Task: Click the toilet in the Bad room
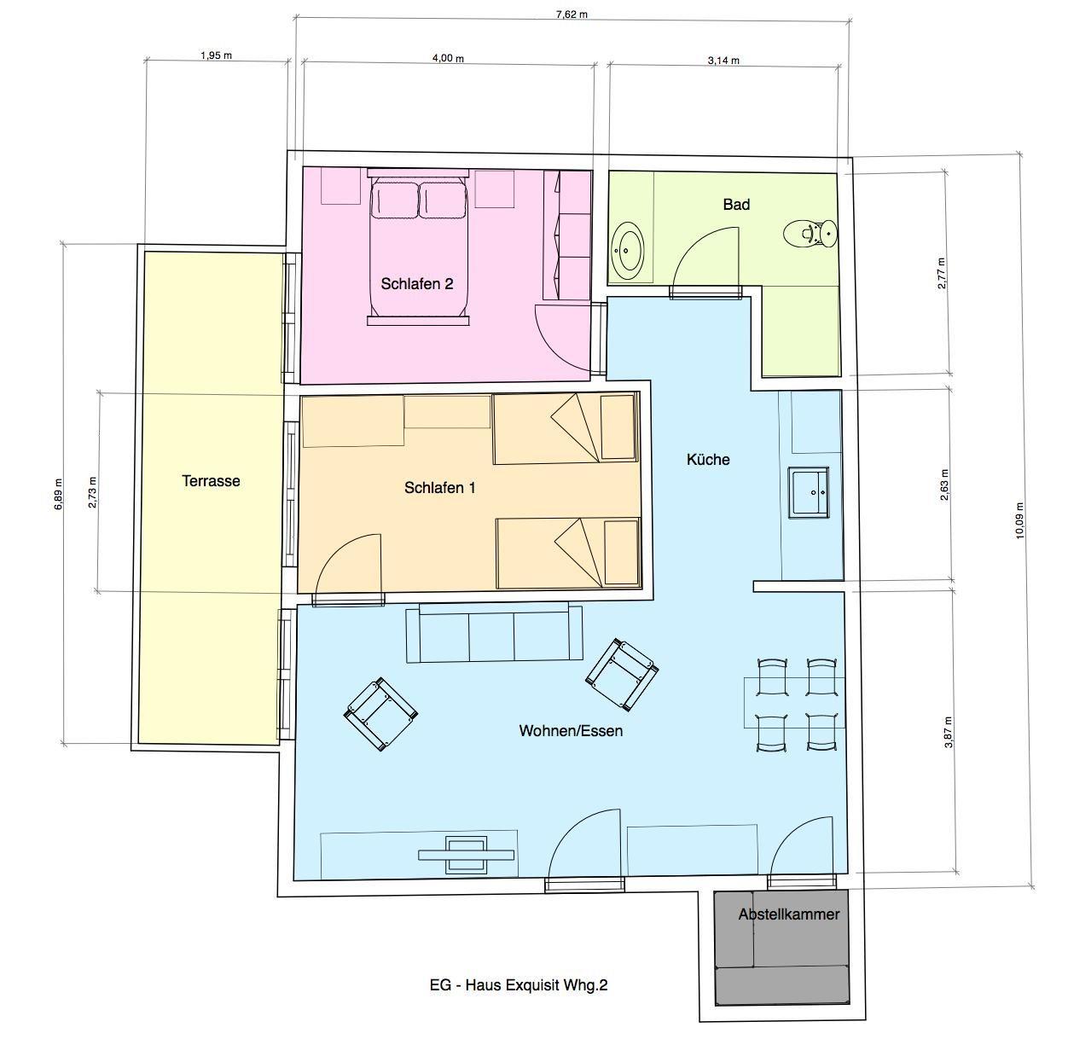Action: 810,235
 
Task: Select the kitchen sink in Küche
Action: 809,492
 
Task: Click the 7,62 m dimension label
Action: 572,15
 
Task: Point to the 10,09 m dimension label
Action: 1019,519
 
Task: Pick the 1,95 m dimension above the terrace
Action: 216,55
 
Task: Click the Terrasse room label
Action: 211,481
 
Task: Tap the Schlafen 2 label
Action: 417,284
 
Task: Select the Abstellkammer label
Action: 789,914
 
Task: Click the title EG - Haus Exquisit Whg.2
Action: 519,984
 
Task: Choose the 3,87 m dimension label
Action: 949,732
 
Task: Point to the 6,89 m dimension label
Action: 59,494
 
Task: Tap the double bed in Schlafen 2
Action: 418,247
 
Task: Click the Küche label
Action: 708,460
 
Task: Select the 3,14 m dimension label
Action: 723,61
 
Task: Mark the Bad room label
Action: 736,205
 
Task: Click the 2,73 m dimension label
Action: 92,492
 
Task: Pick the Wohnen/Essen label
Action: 571,730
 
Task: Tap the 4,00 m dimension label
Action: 448,58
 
